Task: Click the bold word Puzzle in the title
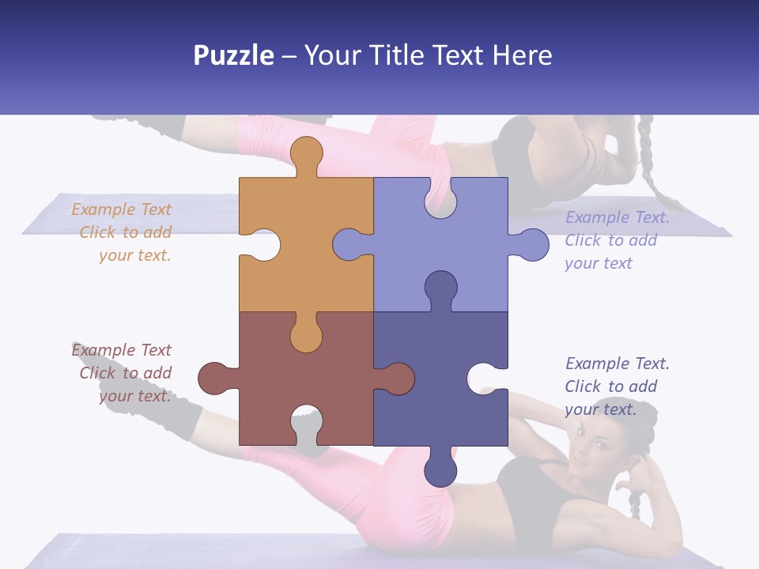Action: point(234,56)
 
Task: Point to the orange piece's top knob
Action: point(306,153)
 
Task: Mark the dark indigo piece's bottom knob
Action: point(440,469)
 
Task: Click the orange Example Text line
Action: point(121,209)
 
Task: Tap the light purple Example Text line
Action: point(617,218)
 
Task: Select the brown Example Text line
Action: point(121,350)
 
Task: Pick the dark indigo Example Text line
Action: point(617,364)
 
